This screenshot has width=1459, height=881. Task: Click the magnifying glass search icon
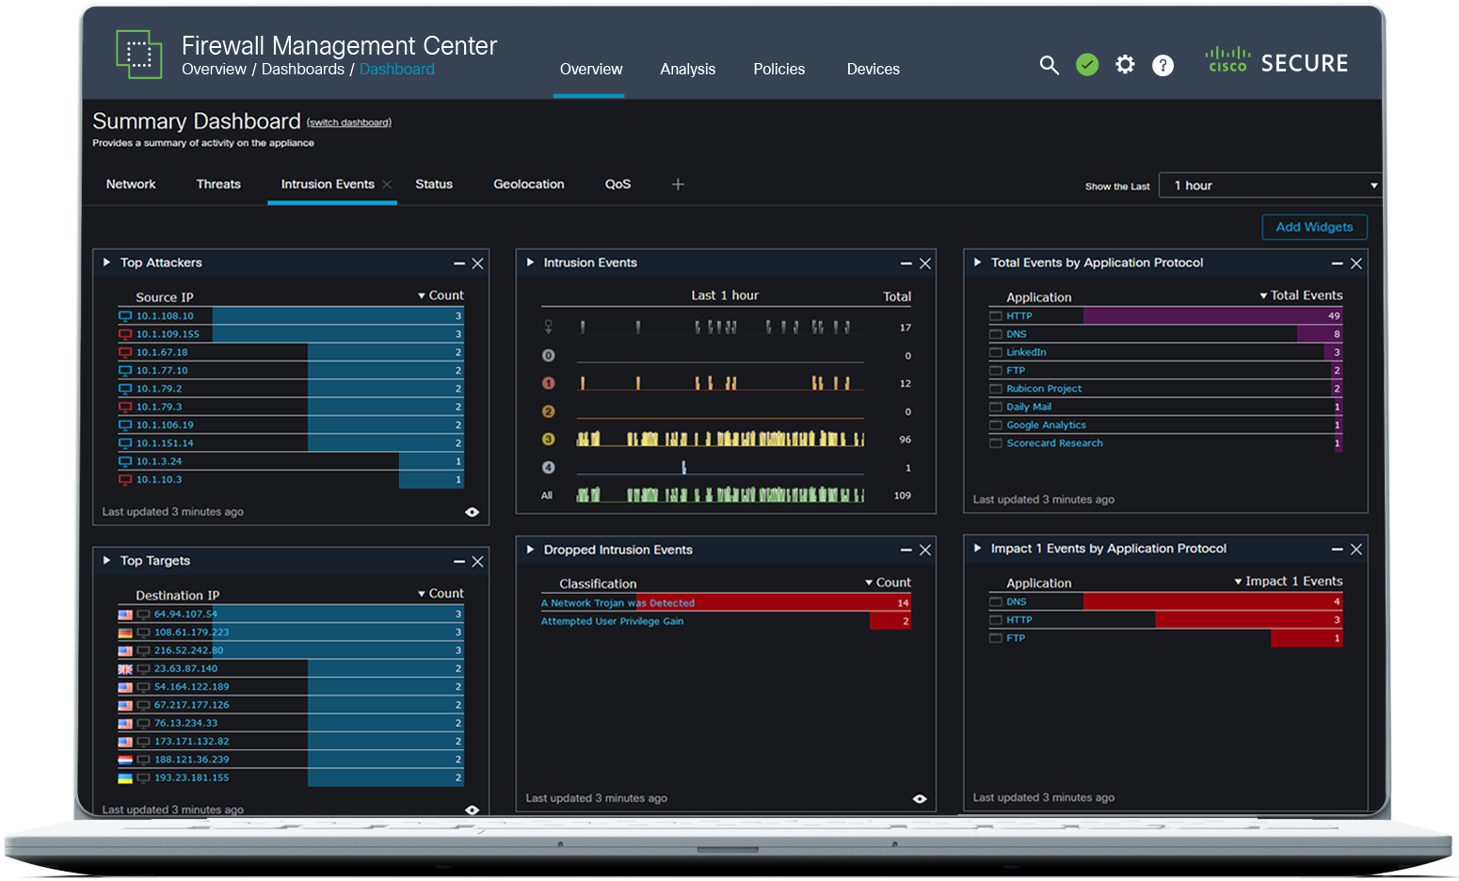(x=1049, y=65)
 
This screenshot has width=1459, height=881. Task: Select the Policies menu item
(x=778, y=70)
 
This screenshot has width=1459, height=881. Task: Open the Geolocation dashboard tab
(x=528, y=184)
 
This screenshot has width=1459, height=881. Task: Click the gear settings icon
(x=1125, y=65)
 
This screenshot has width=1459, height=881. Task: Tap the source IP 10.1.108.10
(x=165, y=316)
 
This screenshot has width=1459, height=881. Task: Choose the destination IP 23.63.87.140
(x=185, y=669)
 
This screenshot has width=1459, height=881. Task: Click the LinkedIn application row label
(x=1026, y=353)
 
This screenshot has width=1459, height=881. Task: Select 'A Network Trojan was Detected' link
(x=617, y=603)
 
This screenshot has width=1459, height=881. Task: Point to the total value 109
(x=902, y=496)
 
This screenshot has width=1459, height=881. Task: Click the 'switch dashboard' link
(x=349, y=123)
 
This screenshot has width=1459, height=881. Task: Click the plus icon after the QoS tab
(x=678, y=184)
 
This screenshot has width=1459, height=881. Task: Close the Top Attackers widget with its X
(x=477, y=264)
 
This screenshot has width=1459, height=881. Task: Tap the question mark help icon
(x=1163, y=65)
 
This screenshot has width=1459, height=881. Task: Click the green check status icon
(x=1087, y=65)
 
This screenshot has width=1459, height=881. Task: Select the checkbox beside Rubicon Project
(x=996, y=389)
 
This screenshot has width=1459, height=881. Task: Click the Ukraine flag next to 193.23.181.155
(x=125, y=778)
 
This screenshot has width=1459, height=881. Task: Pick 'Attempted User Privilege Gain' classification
(x=612, y=622)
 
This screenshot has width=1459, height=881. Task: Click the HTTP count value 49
(x=1334, y=316)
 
